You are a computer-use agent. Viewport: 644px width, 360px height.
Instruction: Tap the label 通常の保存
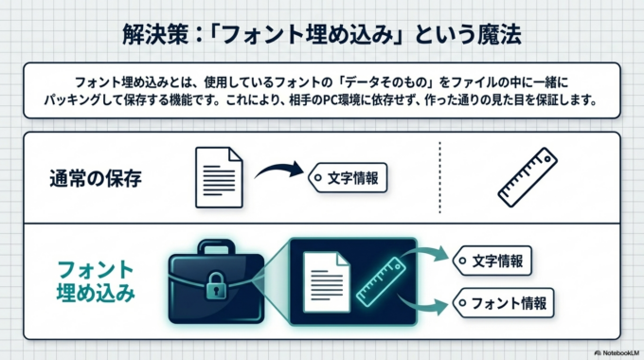tap(96, 177)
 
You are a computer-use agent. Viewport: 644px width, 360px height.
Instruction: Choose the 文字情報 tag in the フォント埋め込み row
tap(493, 259)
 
